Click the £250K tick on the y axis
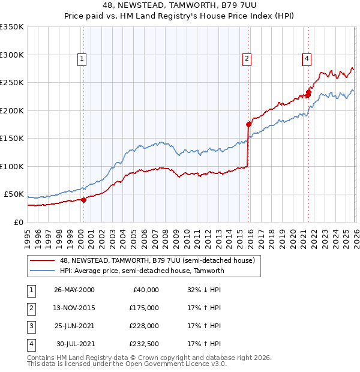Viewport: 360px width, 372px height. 12,83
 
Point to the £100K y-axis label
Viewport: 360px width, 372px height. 12,166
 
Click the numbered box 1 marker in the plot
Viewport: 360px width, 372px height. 82,58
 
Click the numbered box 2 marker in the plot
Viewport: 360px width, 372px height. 247,58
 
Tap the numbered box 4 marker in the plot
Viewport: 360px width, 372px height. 307,58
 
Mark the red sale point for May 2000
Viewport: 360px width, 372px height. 84,200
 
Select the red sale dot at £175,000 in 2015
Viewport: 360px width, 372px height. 248,125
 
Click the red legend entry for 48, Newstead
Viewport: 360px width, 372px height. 157,260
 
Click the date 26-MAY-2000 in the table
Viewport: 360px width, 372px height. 74,290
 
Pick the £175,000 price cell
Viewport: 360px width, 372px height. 143,308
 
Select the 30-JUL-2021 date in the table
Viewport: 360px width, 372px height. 76,344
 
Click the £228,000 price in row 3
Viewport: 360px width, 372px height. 143,326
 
